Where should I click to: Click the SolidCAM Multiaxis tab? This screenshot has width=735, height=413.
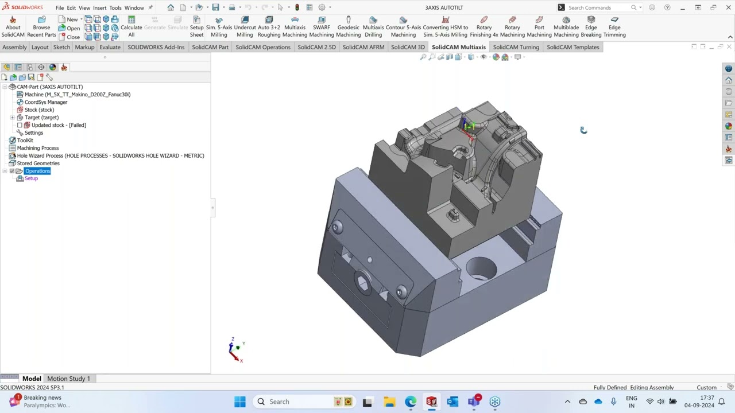pyautogui.click(x=458, y=47)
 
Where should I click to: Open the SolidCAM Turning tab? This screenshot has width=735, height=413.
pyautogui.click(x=516, y=47)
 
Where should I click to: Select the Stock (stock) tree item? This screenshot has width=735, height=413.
pyautogui.click(x=39, y=110)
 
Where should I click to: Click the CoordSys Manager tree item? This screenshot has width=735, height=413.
pyautogui.click(x=45, y=102)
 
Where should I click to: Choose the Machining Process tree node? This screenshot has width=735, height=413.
pyautogui.click(x=37, y=148)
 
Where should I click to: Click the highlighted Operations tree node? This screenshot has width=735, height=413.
pyautogui.click(x=37, y=171)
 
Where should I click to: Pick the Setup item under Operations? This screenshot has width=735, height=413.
pyautogui.click(x=31, y=178)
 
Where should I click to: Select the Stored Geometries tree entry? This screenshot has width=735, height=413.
pyautogui.click(x=38, y=163)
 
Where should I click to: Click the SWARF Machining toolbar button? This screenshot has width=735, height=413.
pyautogui.click(x=322, y=27)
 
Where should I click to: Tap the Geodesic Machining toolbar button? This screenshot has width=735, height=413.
pyautogui.click(x=348, y=27)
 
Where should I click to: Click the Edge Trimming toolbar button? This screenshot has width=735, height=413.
pyautogui.click(x=614, y=27)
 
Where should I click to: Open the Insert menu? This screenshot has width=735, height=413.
pyautogui.click(x=99, y=7)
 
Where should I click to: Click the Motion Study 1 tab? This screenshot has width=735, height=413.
pyautogui.click(x=68, y=379)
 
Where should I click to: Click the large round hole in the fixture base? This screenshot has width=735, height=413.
pyautogui.click(x=481, y=268)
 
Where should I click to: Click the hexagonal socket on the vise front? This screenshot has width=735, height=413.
pyautogui.click(x=363, y=283)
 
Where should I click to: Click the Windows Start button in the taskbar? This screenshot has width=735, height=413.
pyautogui.click(x=240, y=402)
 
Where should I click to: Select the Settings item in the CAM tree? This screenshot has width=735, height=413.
pyautogui.click(x=33, y=133)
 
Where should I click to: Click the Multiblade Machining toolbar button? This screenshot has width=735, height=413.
pyautogui.click(x=566, y=27)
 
